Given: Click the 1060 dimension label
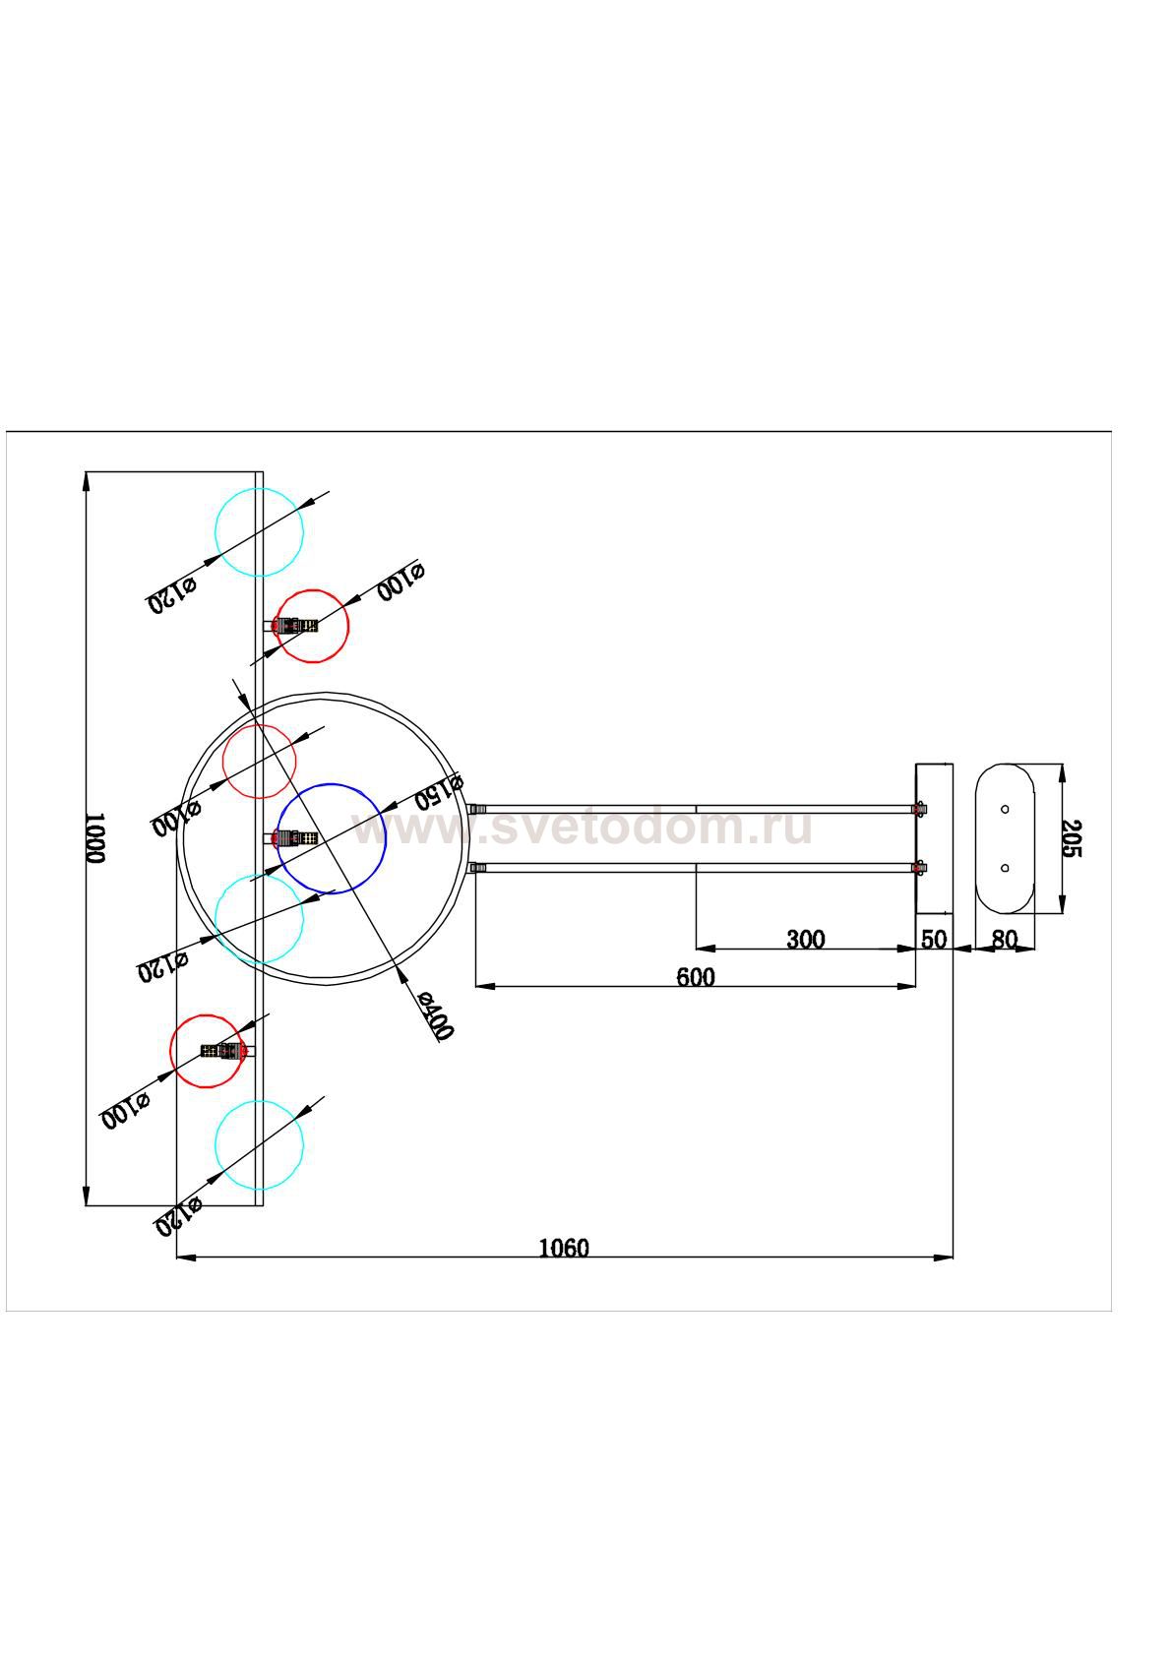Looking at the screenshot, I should [564, 1249].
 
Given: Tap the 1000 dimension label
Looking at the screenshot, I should [93, 838].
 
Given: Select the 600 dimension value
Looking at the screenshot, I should [696, 977].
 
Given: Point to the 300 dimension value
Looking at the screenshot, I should [805, 940].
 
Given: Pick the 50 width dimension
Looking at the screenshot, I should [933, 940].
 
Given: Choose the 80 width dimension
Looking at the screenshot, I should [1004, 940].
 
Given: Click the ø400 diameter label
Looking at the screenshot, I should [434, 1016].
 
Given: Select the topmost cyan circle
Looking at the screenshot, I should [259, 531].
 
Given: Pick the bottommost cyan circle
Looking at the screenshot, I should [259, 1144].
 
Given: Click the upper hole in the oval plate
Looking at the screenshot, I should [1005, 809].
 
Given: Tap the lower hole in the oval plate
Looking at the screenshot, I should [1005, 868].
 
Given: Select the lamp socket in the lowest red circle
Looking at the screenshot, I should [223, 1051].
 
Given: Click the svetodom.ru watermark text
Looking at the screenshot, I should [583, 828].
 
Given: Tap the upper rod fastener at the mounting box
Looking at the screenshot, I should [919, 809].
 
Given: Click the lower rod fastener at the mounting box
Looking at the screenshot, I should [919, 868].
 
